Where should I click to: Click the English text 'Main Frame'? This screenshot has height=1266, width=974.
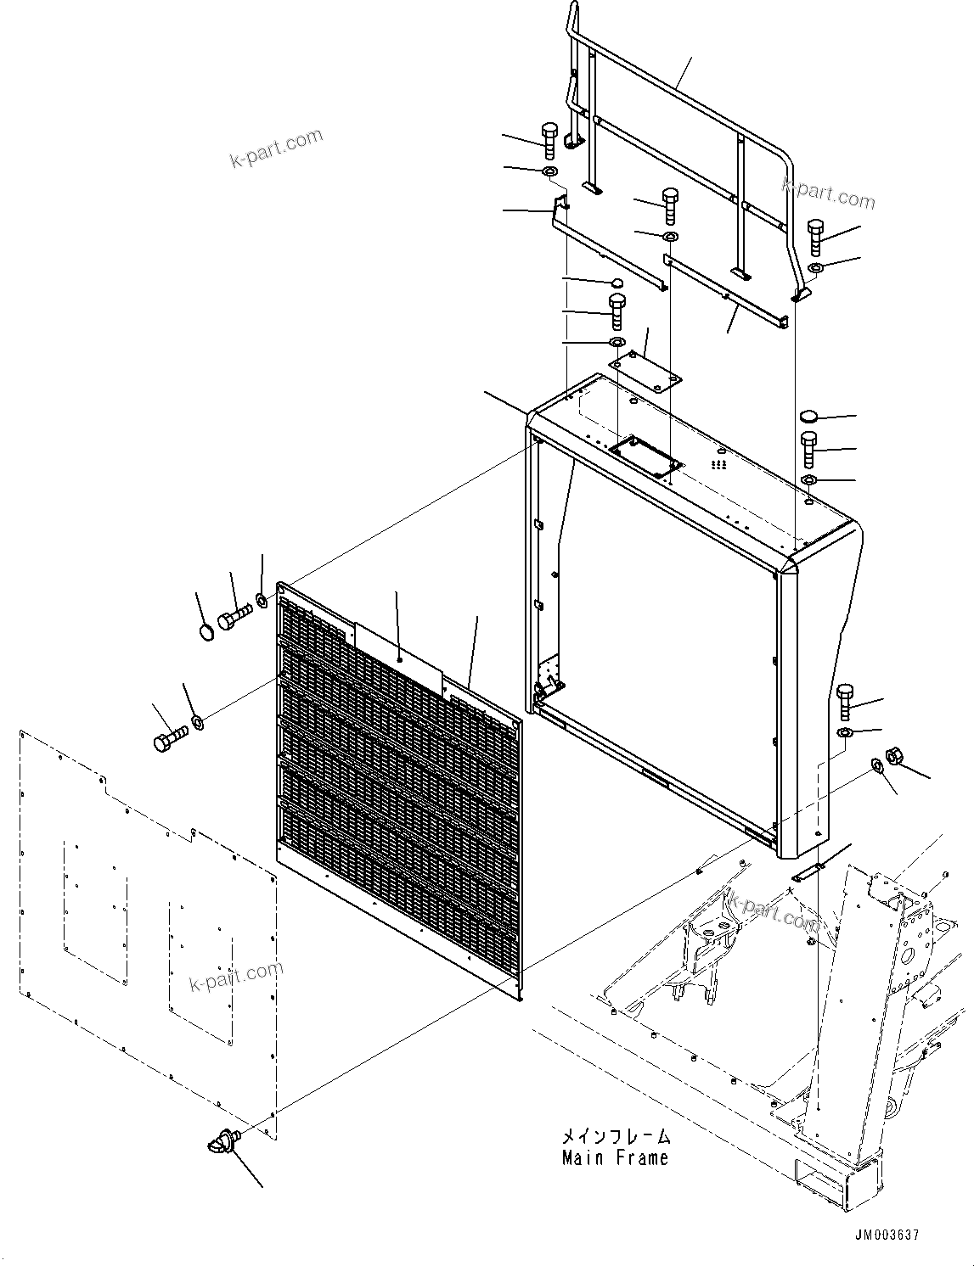tap(615, 1158)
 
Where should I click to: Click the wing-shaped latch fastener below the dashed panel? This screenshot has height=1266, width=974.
tap(222, 1143)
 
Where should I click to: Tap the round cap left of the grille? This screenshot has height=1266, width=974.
tap(206, 632)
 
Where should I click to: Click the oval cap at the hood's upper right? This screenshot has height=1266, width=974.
tap(808, 417)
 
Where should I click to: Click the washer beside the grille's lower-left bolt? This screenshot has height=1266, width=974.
tap(198, 722)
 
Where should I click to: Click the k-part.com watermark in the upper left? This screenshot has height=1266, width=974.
tap(277, 148)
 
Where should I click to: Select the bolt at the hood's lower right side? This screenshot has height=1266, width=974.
tap(845, 700)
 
